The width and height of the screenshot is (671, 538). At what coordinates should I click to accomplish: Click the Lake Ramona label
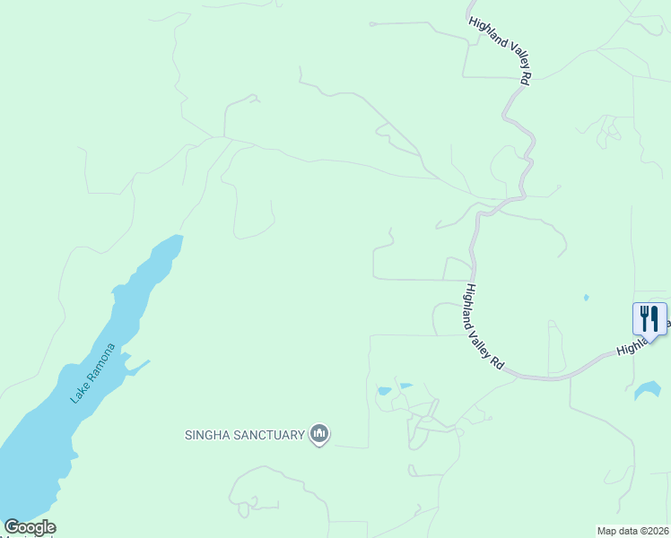click(x=93, y=373)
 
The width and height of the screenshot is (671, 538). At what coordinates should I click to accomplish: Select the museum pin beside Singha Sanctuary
click(x=319, y=435)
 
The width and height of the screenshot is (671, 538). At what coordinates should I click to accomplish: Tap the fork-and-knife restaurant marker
click(x=649, y=319)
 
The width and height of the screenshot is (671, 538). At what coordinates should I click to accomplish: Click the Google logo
click(x=30, y=527)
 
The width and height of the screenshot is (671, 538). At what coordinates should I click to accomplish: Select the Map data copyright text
click(x=633, y=531)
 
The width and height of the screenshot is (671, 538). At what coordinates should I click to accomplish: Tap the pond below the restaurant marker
click(x=648, y=390)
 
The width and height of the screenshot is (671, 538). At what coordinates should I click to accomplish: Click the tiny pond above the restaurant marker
click(x=586, y=297)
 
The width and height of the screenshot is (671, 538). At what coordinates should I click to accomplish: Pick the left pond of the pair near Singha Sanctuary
click(x=385, y=391)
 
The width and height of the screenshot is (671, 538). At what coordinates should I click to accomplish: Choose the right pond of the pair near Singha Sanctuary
click(x=405, y=386)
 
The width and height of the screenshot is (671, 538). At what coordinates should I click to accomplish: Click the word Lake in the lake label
click(x=78, y=393)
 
